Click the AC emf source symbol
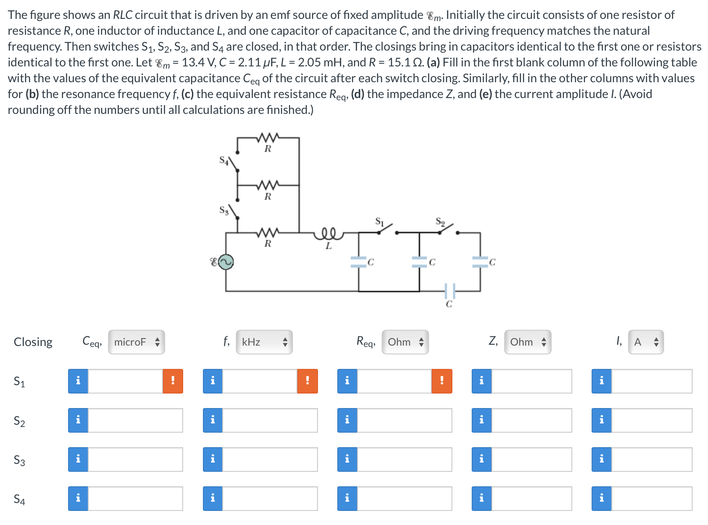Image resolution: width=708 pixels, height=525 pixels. coord(226,262)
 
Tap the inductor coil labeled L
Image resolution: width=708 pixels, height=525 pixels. coord(328,233)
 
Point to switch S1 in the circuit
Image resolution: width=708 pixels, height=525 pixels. coord(387,227)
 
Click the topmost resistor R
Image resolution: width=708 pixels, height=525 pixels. coord(268,138)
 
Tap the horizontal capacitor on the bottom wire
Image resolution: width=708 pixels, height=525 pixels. coord(449,291)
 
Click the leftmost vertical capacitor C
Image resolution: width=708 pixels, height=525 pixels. coord(359,262)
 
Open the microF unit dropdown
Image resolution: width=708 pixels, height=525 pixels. coord(136,342)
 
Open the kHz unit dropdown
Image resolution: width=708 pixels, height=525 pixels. coord(264,342)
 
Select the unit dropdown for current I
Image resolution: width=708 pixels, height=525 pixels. coord(646,342)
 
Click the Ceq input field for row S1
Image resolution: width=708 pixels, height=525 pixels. coord(125,381)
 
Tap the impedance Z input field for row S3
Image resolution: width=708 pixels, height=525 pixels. coord(531,459)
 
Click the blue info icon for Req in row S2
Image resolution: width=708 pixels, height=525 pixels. coord(347,420)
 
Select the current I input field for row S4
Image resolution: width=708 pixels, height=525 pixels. coord(651,499)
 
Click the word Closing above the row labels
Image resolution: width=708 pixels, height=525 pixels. coord(33,342)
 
